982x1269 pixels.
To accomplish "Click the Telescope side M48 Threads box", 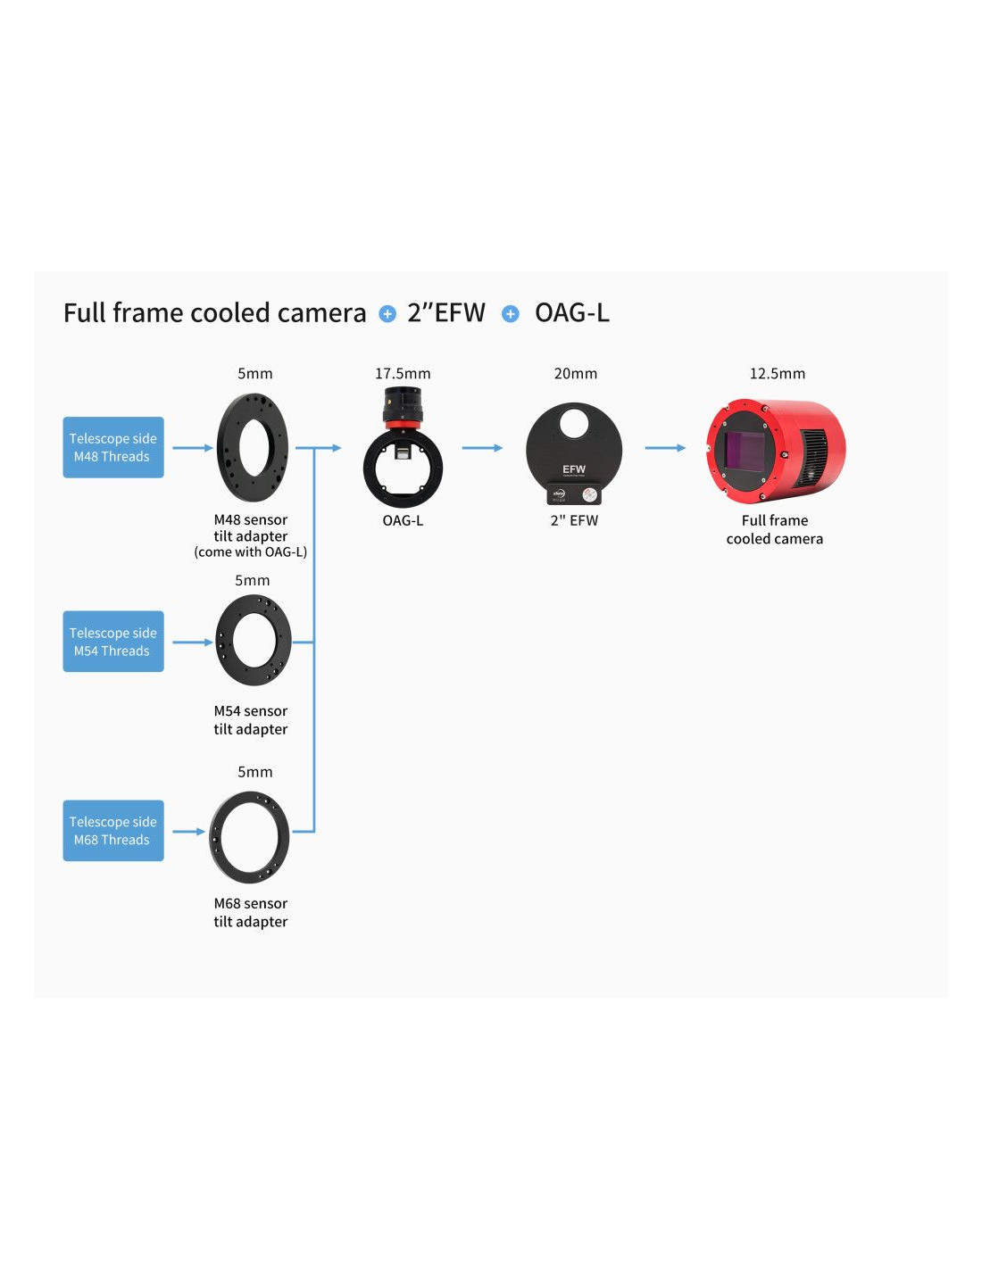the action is point(113,447).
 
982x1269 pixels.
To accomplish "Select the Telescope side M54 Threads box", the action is point(113,642).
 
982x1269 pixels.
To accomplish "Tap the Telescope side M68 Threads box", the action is point(113,830).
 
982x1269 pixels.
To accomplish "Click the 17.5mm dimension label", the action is point(403,373).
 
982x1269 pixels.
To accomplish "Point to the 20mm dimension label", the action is point(576,373).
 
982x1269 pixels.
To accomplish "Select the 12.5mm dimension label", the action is point(777,373).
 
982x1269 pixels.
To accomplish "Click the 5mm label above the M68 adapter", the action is point(254,771).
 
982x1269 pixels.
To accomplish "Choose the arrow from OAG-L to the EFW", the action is point(482,448).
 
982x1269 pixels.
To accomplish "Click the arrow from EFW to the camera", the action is point(665,448).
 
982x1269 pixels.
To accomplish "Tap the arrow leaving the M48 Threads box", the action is point(193,448).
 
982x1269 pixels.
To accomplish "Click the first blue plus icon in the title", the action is point(387,313).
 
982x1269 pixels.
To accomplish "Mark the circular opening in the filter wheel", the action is point(574,421).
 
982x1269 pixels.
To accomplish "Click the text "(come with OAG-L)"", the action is point(251,552).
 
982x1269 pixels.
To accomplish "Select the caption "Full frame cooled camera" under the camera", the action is point(775,529).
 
